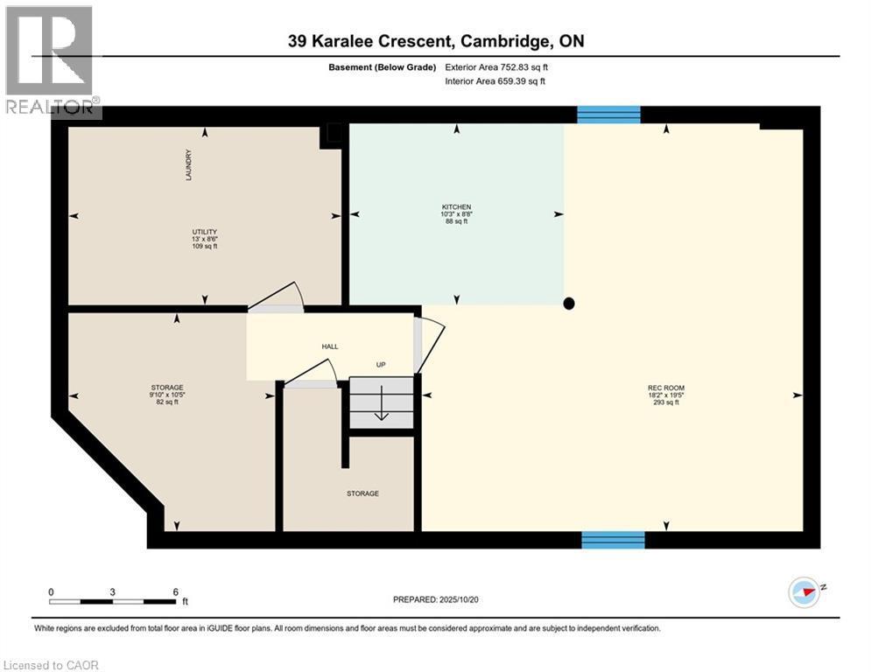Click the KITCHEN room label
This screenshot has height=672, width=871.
point(455,207)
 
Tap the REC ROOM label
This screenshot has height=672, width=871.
point(666,388)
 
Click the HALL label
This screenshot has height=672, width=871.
point(329,346)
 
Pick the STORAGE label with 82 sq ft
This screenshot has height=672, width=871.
point(166,388)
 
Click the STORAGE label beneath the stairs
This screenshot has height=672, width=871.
point(362,493)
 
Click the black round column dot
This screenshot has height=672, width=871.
point(569,304)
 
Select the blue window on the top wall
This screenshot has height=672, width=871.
point(609,114)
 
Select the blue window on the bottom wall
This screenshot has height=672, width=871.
point(613,540)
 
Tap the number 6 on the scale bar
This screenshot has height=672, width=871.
point(176,592)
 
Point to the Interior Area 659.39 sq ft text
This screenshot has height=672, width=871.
point(496,81)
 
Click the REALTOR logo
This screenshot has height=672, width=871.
point(50,61)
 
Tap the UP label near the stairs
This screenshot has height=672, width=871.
point(381,365)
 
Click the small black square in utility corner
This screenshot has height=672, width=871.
point(334,134)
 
